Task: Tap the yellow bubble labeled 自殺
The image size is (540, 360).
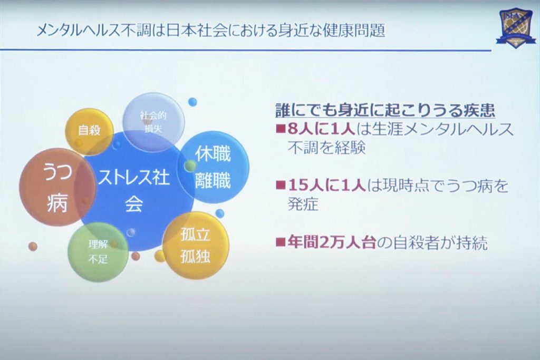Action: (x=89, y=131)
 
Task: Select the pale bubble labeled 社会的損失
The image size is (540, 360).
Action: (x=153, y=121)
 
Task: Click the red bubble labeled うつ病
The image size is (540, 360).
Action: (x=57, y=187)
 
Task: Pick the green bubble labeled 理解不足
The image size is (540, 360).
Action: (x=98, y=251)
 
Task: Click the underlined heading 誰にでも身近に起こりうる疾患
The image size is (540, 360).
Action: (x=385, y=111)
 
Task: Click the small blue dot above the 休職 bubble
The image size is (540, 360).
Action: (x=192, y=102)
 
